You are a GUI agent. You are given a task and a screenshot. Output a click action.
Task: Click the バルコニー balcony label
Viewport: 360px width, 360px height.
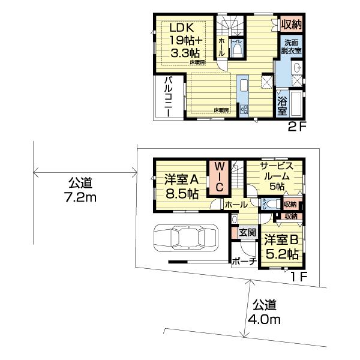169,96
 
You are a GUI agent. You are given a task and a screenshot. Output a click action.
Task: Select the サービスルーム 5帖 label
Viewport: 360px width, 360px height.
276,176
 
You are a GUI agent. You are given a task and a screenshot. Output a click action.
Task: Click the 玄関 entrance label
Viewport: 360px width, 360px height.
247,232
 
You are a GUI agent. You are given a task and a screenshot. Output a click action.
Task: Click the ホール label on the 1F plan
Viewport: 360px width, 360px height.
236,205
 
